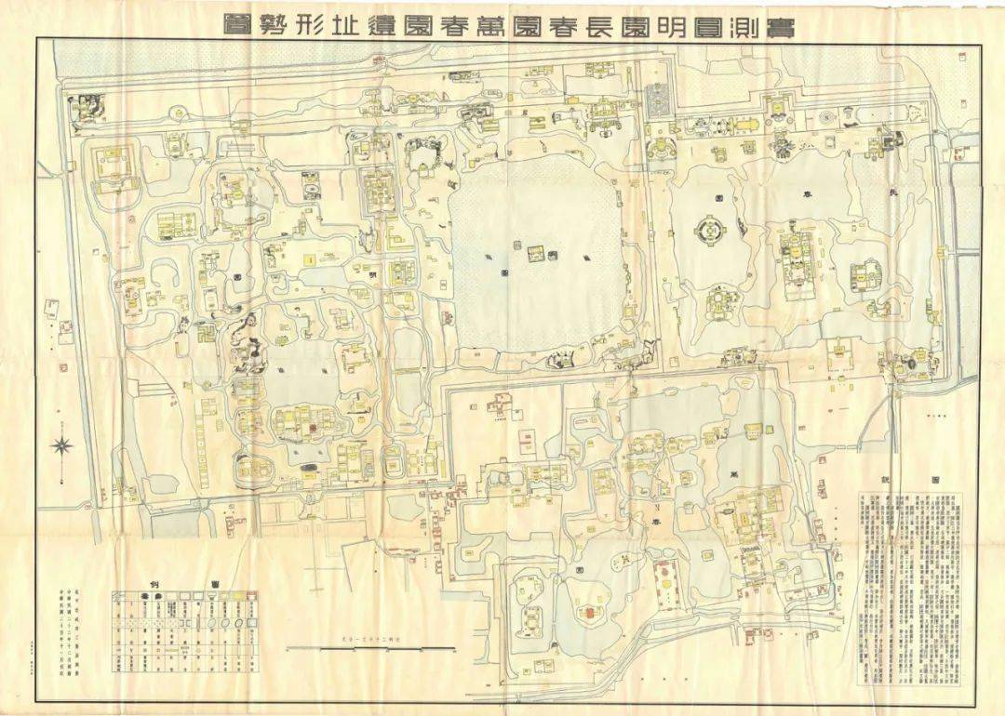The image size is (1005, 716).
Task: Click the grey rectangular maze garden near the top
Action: pos(657,98)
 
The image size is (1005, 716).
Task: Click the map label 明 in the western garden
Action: pos(373,276)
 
